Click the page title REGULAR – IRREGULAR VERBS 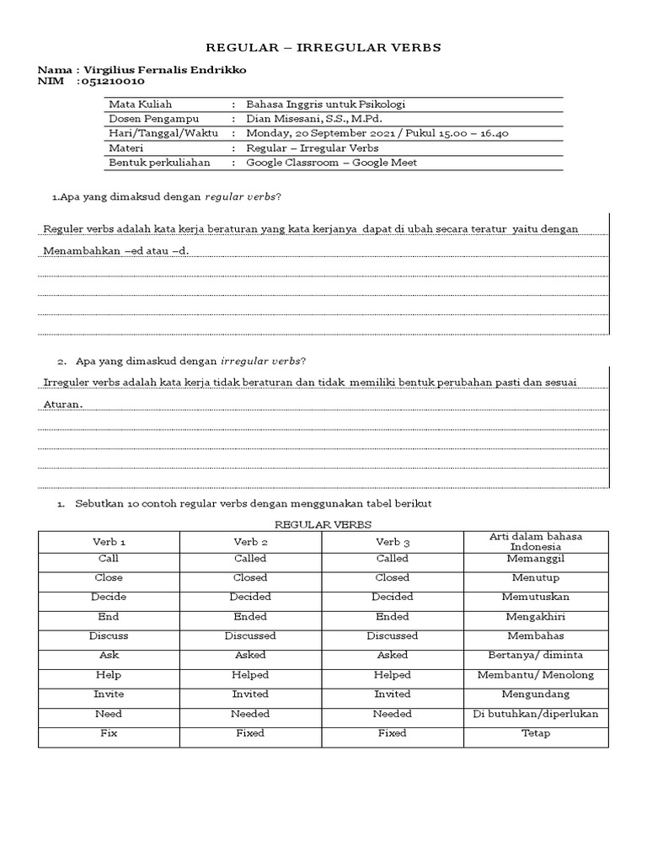323,48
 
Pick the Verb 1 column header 110,541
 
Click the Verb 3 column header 393,541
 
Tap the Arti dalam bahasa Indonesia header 536,541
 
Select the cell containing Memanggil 536,558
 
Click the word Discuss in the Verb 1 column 110,635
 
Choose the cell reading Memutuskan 536,597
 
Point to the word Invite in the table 110,694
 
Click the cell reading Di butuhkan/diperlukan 536,714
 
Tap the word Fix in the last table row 110,733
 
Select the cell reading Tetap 536,733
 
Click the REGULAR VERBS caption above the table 323,523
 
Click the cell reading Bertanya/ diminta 536,655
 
